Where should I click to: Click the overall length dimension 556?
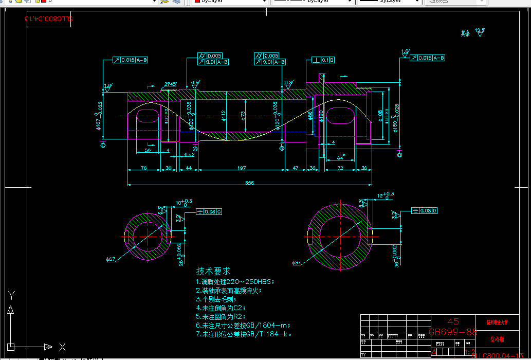coord(249,183)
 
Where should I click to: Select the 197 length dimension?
coord(242,168)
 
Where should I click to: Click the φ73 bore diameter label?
coord(243,116)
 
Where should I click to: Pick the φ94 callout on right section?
coord(297,263)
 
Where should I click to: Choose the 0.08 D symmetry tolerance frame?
coord(425,210)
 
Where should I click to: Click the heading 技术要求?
coord(213,271)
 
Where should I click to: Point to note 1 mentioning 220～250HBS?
coord(235,282)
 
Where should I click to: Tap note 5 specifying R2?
coord(221,316)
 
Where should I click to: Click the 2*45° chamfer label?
coord(171,84)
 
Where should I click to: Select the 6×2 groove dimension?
coord(189,154)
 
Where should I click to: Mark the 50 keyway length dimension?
coord(148,151)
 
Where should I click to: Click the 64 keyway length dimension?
coord(340,157)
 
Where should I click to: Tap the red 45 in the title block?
coord(453,321)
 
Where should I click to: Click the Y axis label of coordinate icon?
coord(12,295)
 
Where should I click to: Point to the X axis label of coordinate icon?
coord(62,347)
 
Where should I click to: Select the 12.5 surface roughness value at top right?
coord(480,30)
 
